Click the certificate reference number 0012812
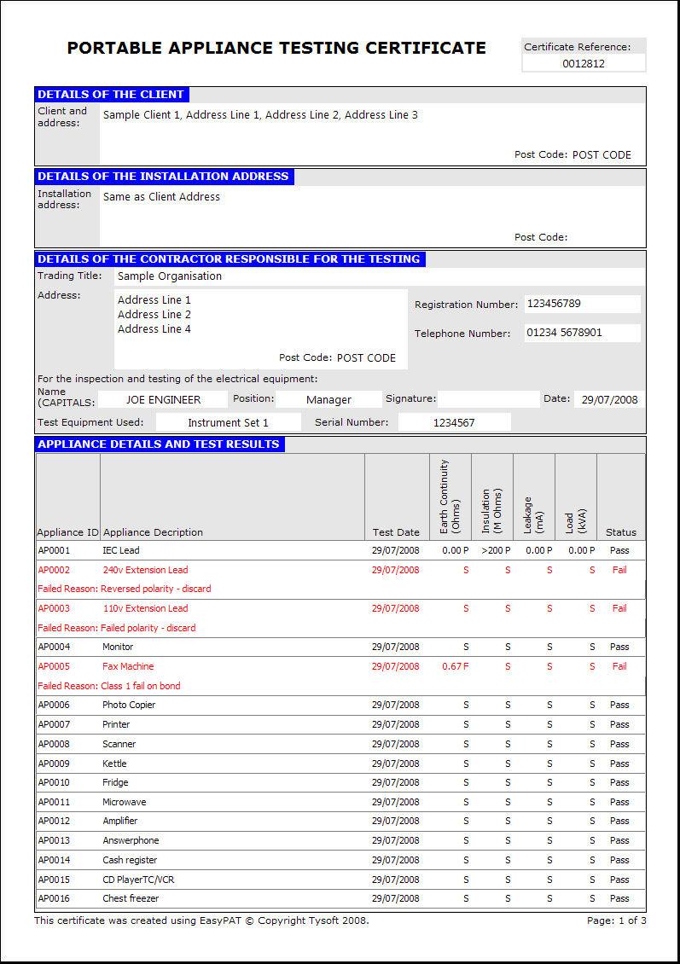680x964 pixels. click(x=584, y=63)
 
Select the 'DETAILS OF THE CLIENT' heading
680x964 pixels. click(x=111, y=95)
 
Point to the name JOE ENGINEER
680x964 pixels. click(x=163, y=399)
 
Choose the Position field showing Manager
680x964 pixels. click(x=328, y=399)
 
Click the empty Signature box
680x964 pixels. click(x=488, y=399)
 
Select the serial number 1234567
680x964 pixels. click(x=454, y=422)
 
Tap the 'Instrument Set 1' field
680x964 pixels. click(x=228, y=422)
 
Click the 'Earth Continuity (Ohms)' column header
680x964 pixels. click(x=450, y=497)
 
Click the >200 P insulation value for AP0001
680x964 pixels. click(x=492, y=551)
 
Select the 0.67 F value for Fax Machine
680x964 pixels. click(x=455, y=666)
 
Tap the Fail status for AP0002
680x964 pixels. click(x=619, y=570)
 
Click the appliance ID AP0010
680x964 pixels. click(x=54, y=782)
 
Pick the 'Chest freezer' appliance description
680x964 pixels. click(x=131, y=898)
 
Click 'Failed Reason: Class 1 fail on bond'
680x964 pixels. click(x=109, y=686)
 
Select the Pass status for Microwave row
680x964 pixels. click(x=619, y=802)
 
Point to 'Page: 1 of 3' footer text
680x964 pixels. click(x=616, y=920)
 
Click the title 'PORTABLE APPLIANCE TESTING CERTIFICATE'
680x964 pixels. click(x=276, y=49)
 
